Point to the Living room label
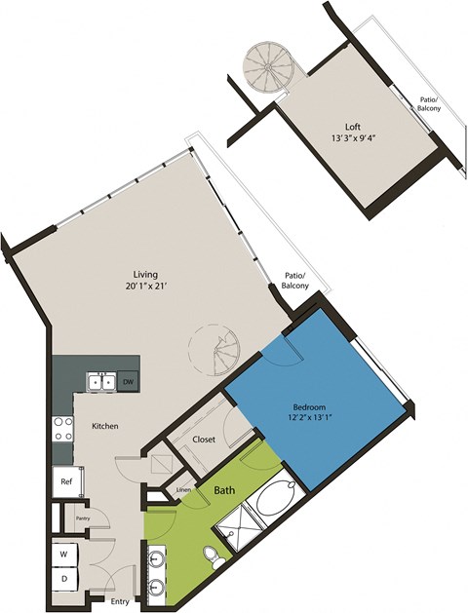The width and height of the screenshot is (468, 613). pos(146,274)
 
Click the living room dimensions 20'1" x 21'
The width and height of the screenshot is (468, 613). pos(146,287)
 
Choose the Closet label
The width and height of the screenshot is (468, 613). pos(204,440)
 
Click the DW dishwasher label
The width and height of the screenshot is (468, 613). pos(128,382)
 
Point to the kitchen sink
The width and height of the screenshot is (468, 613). pos(100,382)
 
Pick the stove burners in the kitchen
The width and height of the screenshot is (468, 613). pos(62,430)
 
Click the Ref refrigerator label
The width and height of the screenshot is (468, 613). pos(65,481)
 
